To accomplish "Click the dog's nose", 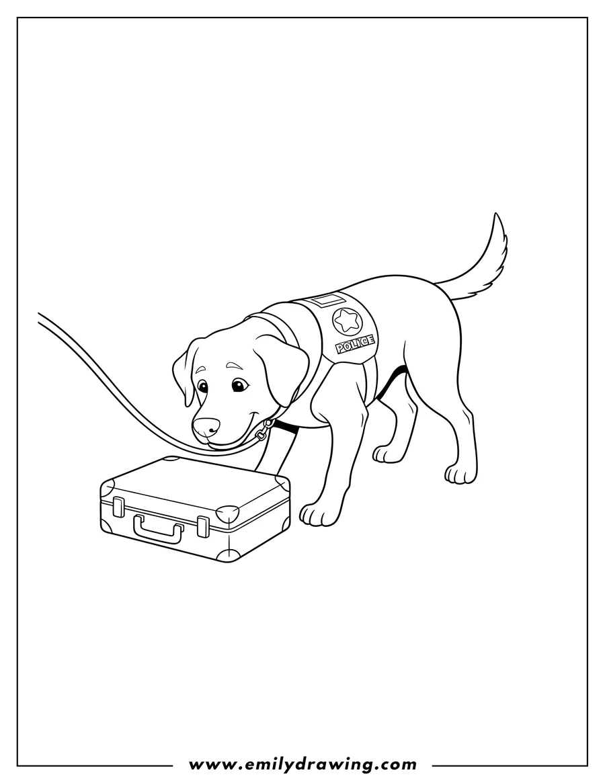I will click(206, 426).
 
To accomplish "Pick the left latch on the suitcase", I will click(119, 506).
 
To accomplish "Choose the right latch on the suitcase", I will click(203, 526).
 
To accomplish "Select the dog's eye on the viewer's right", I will click(238, 385).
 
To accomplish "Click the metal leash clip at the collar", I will click(264, 430).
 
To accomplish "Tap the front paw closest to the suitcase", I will click(315, 514).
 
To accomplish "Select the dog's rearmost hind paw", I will click(460, 475).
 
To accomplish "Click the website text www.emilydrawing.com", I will click(302, 764).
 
